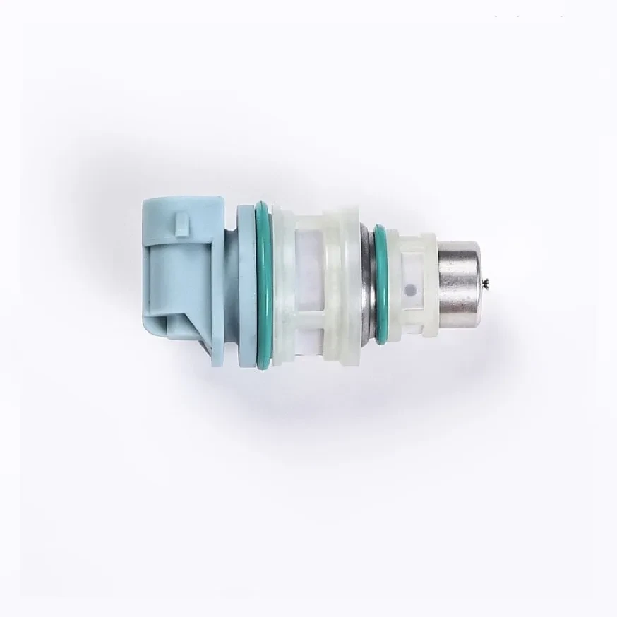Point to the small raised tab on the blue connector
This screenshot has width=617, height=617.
pos(181,224)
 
